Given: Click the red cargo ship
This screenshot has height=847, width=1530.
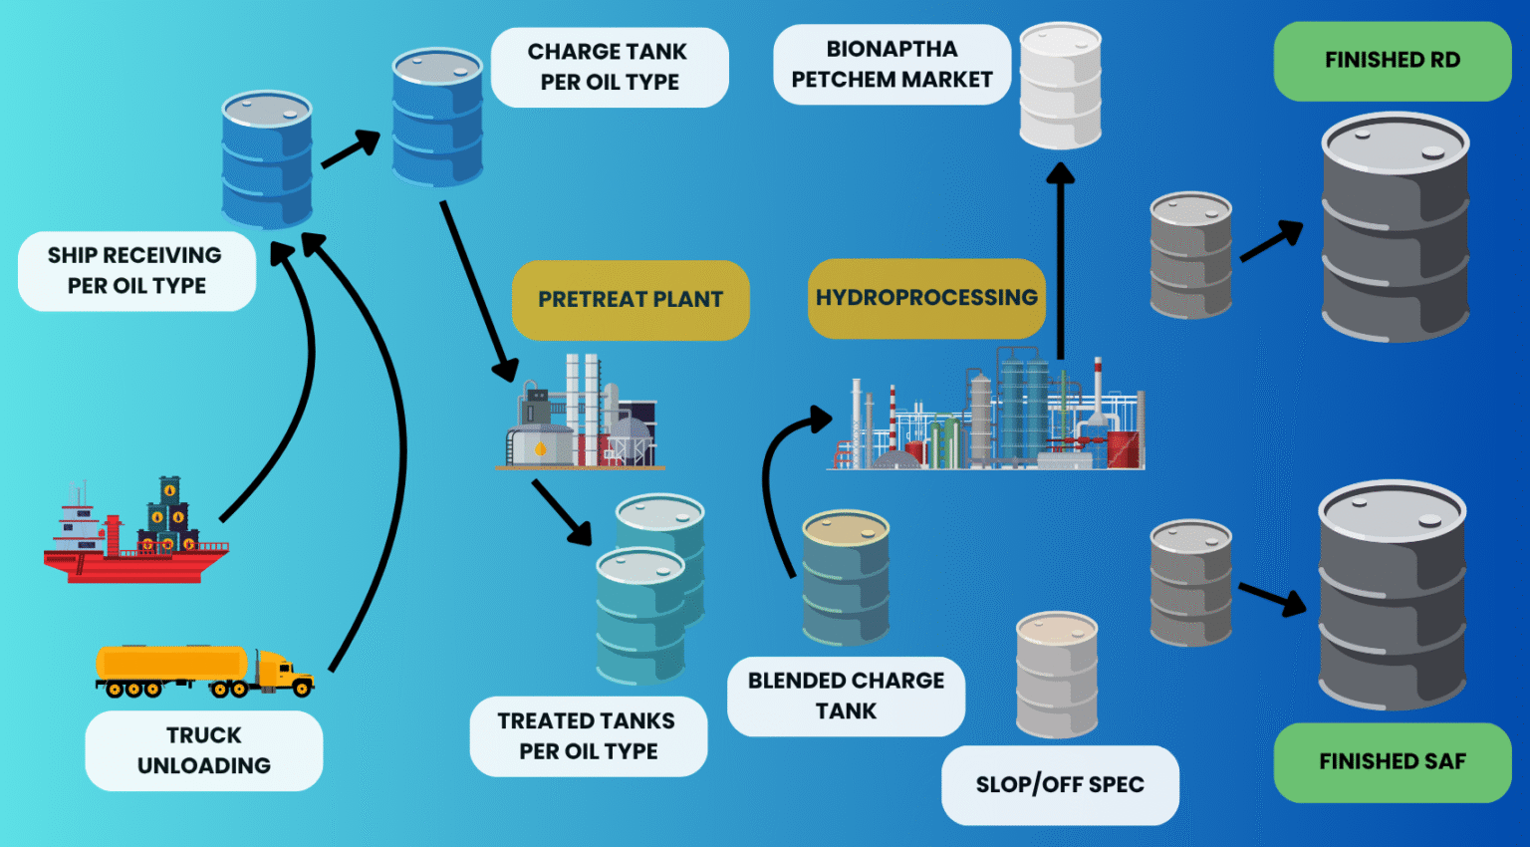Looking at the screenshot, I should tap(134, 538).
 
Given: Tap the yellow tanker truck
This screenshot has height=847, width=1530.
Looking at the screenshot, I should tap(204, 670).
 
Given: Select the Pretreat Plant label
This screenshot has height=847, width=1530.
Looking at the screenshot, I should tap(630, 300).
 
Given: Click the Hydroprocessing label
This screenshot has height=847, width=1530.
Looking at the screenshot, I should tap(926, 298).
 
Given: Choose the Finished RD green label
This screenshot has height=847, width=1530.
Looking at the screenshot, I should tap(1392, 61).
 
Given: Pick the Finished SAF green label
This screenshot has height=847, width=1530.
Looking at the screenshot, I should tap(1392, 762).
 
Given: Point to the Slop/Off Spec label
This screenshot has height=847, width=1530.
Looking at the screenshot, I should tap(1060, 785).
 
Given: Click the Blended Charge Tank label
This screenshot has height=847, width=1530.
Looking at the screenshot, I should tap(846, 696).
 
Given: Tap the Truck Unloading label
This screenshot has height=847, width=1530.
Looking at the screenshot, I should tap(204, 750).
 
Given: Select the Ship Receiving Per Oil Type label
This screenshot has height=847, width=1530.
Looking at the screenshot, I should tap(136, 271).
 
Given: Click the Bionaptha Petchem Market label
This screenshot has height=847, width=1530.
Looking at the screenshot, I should tap(892, 65).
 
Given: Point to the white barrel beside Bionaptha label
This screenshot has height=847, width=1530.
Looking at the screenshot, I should tap(1060, 87).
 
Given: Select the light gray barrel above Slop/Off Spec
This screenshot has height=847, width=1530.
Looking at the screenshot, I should tap(1057, 675).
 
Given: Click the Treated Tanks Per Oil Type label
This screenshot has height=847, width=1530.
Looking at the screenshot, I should tap(588, 736).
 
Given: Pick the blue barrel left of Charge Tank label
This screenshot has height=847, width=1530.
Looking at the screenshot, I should tap(437, 117).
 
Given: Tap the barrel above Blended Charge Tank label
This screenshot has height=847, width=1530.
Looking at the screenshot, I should tap(846, 578).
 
